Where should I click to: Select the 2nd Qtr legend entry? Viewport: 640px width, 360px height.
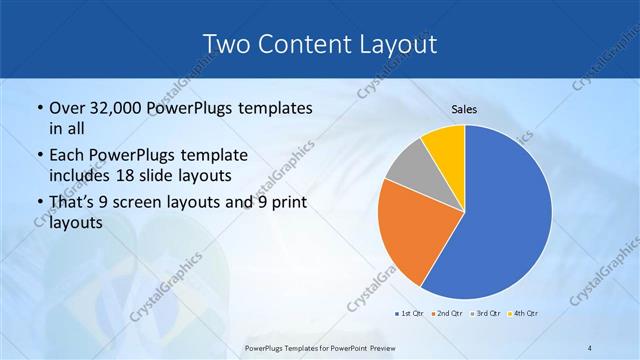[x=447, y=314]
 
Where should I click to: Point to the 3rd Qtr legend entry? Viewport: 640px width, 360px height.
[x=485, y=314]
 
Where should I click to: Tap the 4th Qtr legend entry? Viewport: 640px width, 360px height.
[x=523, y=314]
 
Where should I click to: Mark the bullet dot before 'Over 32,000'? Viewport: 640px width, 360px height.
[x=39, y=108]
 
